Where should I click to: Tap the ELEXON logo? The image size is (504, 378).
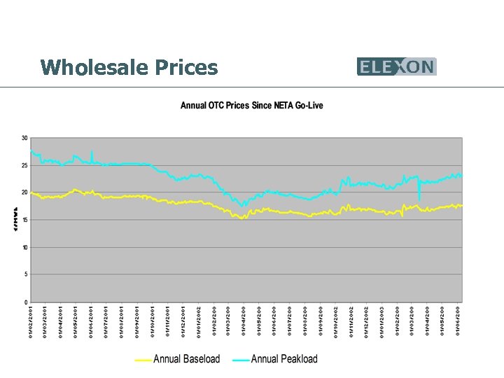[x=396, y=66]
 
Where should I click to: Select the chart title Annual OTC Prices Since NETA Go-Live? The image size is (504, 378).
[x=252, y=106]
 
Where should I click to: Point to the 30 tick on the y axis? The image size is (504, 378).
[x=24, y=138]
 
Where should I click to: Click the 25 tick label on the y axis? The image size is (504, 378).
[x=24, y=165]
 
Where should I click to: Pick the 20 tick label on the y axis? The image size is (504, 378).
[x=24, y=192]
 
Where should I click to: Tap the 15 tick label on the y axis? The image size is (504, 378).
[x=24, y=220]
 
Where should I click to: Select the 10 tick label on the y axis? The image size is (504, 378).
[x=24, y=247]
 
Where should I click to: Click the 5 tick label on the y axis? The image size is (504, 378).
[x=26, y=274]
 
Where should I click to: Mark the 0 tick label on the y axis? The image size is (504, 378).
[x=26, y=302]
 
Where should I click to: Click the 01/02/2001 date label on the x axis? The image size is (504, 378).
[x=31, y=321]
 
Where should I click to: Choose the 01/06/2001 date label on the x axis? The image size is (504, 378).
[x=92, y=321]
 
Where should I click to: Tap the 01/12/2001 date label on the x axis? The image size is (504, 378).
[x=183, y=321]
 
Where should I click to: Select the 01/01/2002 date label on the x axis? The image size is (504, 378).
[x=199, y=321]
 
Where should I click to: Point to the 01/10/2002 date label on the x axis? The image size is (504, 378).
[x=336, y=321]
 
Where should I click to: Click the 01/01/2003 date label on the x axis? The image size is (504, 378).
[x=382, y=321]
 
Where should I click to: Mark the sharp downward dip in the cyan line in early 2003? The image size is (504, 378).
[x=419, y=199]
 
